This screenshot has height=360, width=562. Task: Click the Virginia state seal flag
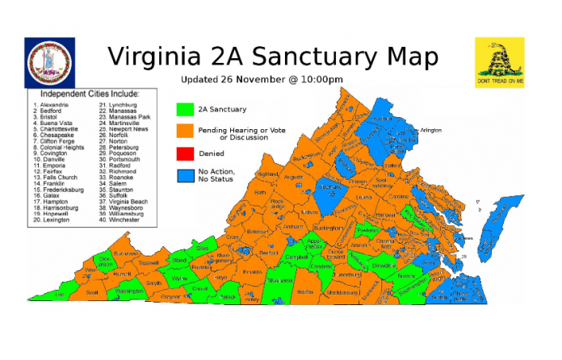click(x=51, y=63)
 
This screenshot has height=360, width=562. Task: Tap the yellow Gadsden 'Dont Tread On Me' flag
click(x=499, y=62)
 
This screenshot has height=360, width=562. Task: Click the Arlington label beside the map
click(x=431, y=128)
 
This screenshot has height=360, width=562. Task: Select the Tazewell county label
click(x=148, y=262)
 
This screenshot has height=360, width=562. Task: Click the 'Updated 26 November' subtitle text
click(x=262, y=79)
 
